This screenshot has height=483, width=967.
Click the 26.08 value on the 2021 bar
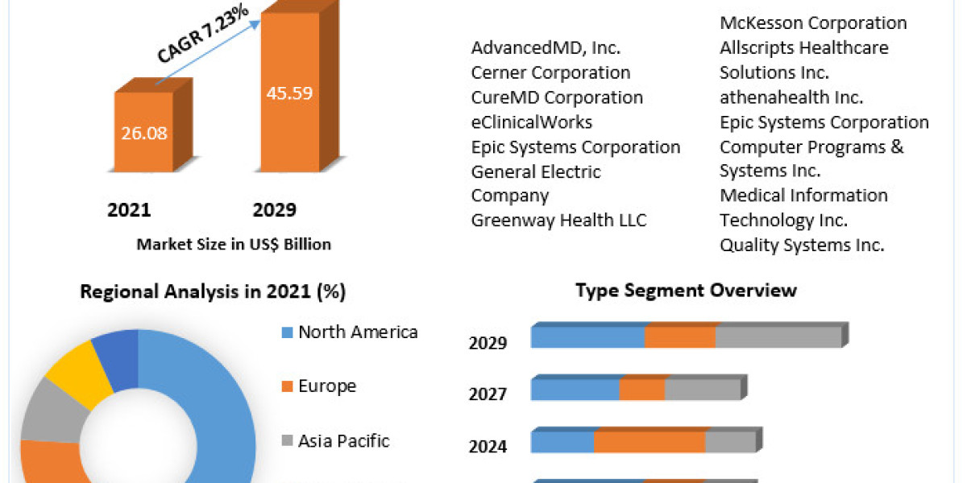145,133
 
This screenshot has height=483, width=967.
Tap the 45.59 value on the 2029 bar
290,92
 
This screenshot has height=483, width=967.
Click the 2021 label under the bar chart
129,210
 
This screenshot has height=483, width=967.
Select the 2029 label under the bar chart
275,210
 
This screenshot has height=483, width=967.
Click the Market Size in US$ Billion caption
234,244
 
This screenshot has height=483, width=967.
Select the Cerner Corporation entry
550,72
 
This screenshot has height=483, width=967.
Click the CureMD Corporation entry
557,97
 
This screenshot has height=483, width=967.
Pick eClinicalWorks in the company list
532,122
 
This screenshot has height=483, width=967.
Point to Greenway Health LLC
558,220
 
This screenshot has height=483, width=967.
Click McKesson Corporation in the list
813,23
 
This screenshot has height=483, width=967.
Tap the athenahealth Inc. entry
791,97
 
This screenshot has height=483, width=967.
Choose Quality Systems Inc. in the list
802,245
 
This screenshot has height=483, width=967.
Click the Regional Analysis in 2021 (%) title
213,292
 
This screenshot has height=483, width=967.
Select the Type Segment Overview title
686,290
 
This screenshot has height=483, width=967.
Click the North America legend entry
357,332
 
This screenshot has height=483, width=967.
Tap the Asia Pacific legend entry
343,441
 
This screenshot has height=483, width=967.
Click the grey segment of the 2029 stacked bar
778,338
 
